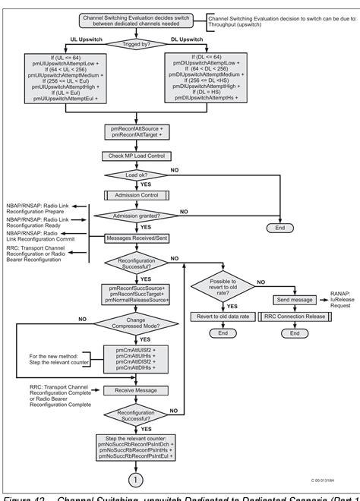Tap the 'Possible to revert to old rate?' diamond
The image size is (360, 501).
click(x=223, y=289)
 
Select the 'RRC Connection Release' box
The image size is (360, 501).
click(x=288, y=316)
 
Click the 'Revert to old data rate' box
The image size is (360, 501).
click(x=223, y=316)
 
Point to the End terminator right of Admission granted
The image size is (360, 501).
click(x=279, y=227)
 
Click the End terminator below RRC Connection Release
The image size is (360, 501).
click(x=288, y=333)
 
